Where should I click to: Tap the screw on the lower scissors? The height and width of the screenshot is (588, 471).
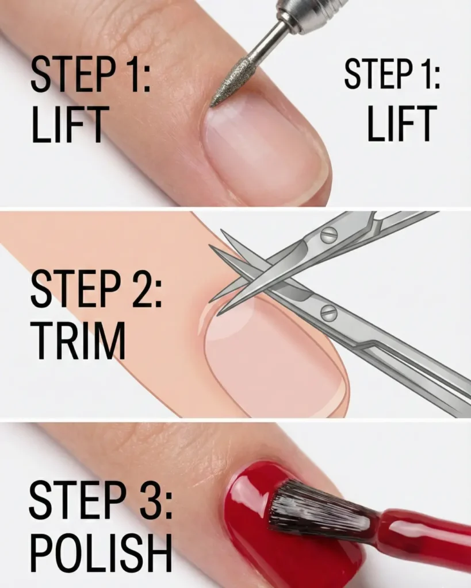click(x=328, y=313)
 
